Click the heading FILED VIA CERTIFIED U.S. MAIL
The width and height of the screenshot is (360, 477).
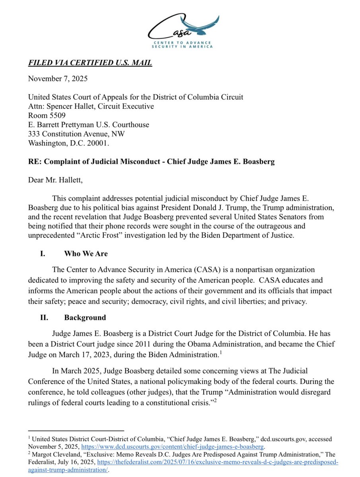pos(90,63)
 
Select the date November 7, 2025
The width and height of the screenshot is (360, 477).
pos(58,78)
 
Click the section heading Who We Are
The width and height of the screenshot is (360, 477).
pos(86,254)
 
